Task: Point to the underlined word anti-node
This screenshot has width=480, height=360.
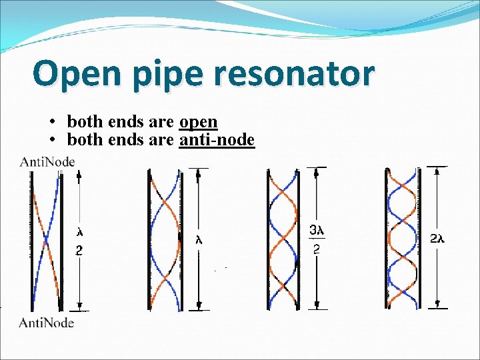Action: tap(217, 140)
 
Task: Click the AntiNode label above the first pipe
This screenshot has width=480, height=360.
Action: tap(47, 161)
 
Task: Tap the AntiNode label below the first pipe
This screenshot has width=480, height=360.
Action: tap(47, 323)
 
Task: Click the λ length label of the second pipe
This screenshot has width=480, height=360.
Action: tap(199, 241)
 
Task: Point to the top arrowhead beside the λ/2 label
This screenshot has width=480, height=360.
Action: tap(79, 175)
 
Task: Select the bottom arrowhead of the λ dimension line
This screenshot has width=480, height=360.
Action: tap(199, 305)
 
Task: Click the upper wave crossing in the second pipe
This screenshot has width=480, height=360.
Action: tap(164, 203)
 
